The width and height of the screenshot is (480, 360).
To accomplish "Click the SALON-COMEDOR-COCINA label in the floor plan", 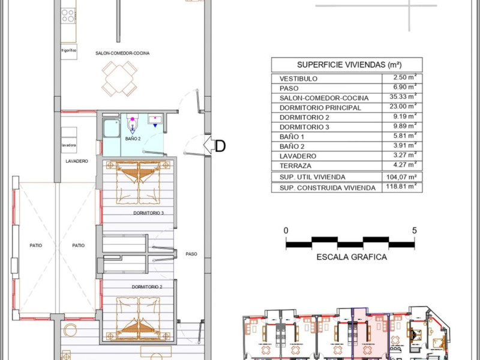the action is (x=122, y=53).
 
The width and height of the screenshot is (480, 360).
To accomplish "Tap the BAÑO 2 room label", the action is (x=133, y=139).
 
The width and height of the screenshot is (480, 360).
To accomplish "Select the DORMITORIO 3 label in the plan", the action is (x=148, y=213).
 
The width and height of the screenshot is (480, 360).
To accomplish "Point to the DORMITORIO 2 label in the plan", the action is (x=147, y=287).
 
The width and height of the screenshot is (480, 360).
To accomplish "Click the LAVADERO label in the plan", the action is (x=77, y=161).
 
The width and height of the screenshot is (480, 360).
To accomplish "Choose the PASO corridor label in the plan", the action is (x=191, y=254).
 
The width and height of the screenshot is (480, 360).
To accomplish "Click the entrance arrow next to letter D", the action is (x=209, y=145).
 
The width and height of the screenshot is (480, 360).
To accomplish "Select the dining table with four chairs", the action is (x=119, y=79).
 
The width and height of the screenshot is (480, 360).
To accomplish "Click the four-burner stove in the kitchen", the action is (x=68, y=16).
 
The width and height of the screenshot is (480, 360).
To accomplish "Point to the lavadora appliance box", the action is (x=69, y=145).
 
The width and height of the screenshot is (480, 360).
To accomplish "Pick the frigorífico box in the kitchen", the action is (x=69, y=51).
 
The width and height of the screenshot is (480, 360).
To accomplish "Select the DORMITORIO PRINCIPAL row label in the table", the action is (x=320, y=108).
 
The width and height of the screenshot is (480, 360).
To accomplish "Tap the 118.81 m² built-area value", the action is (x=401, y=187).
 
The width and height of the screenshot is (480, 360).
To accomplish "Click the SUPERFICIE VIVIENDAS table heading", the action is (x=349, y=65).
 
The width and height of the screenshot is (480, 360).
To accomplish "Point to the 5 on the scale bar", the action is (x=414, y=230).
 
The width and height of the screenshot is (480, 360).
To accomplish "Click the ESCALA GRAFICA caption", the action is (x=352, y=257).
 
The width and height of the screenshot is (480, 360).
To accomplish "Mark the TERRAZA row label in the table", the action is (x=295, y=166).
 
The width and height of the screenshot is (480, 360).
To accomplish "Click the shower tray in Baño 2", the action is (x=112, y=128).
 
